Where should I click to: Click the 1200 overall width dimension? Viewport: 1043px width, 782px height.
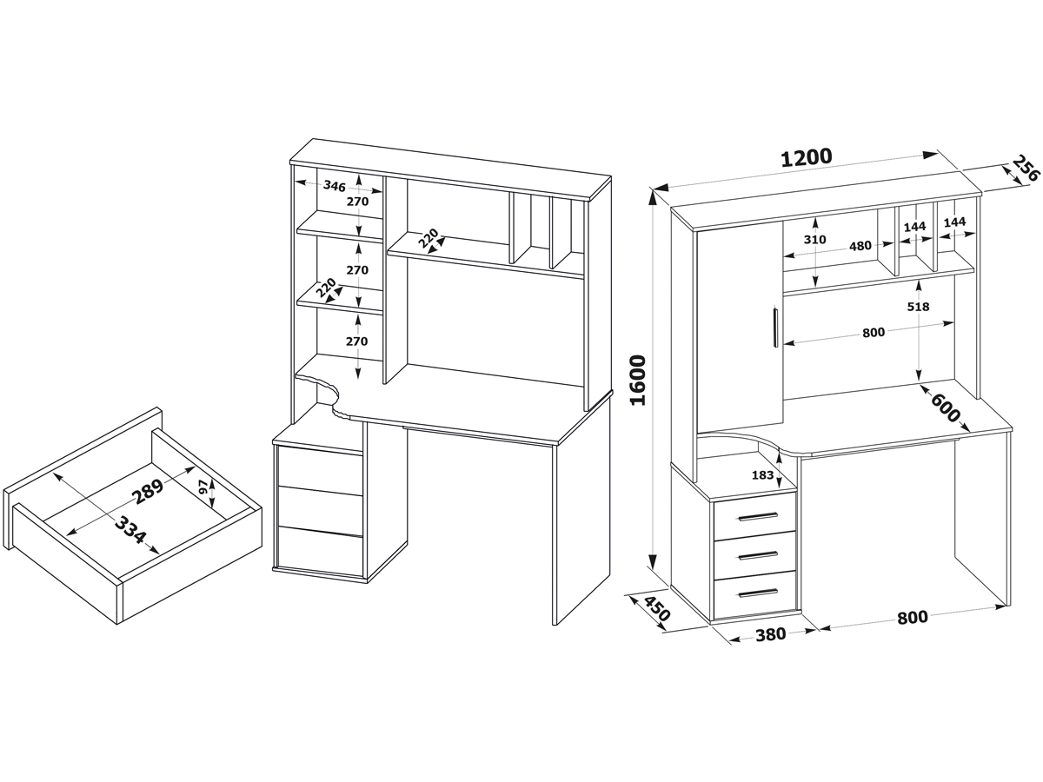807,158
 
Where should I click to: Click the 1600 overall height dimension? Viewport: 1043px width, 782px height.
638,380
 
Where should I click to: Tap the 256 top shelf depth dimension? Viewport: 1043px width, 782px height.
1025,168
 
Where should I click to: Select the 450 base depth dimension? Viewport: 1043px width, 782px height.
657,608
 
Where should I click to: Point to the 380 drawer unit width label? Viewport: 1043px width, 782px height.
770,634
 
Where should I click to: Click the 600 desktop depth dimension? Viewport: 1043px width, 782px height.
945,408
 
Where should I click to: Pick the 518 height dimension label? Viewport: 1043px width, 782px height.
918,307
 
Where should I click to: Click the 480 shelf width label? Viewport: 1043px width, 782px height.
860,246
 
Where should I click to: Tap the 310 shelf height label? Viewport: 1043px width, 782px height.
815,240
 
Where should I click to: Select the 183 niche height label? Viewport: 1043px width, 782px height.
762,474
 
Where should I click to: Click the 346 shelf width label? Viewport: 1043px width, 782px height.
334,186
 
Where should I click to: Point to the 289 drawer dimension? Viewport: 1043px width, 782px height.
149,490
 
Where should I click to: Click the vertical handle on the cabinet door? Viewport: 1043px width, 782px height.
775,328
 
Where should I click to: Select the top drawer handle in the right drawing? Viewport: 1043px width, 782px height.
758,517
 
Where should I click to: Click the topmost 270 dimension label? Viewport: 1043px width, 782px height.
357,202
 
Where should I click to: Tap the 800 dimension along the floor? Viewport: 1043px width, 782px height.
912,618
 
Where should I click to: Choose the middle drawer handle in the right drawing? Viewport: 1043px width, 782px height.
758,555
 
